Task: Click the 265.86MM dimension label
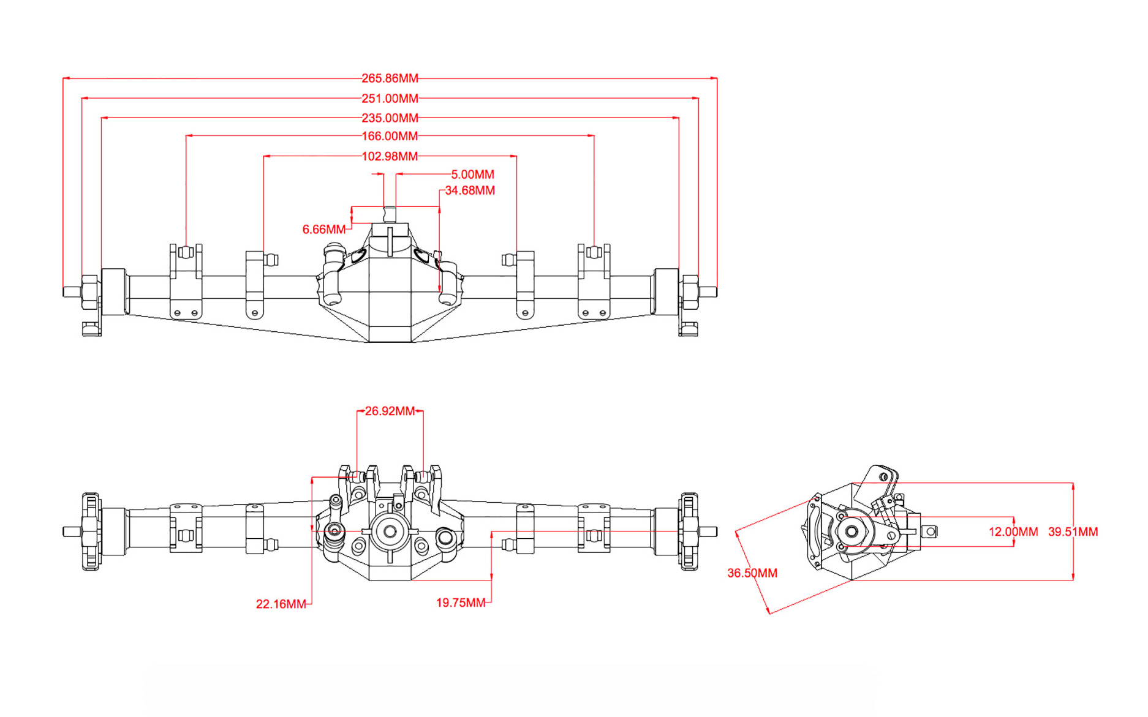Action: tap(390, 78)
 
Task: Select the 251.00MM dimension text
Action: tap(390, 99)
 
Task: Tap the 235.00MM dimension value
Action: tap(390, 118)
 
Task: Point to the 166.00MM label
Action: tap(390, 136)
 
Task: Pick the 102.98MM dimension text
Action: tap(390, 157)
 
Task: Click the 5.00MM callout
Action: tap(472, 175)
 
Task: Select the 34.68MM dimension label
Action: tap(470, 190)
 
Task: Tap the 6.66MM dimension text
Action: tap(323, 230)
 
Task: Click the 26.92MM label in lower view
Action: tap(390, 411)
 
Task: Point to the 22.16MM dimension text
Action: tap(281, 604)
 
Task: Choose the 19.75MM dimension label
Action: tap(461, 603)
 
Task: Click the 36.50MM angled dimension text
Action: tap(752, 573)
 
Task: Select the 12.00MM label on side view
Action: tap(1013, 532)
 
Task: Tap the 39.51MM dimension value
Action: tap(1073, 532)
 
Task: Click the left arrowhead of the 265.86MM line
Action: tap(66, 78)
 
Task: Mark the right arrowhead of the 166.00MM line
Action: tap(591, 136)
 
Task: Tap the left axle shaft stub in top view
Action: tap(71, 292)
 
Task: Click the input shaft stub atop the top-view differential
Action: tap(390, 214)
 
